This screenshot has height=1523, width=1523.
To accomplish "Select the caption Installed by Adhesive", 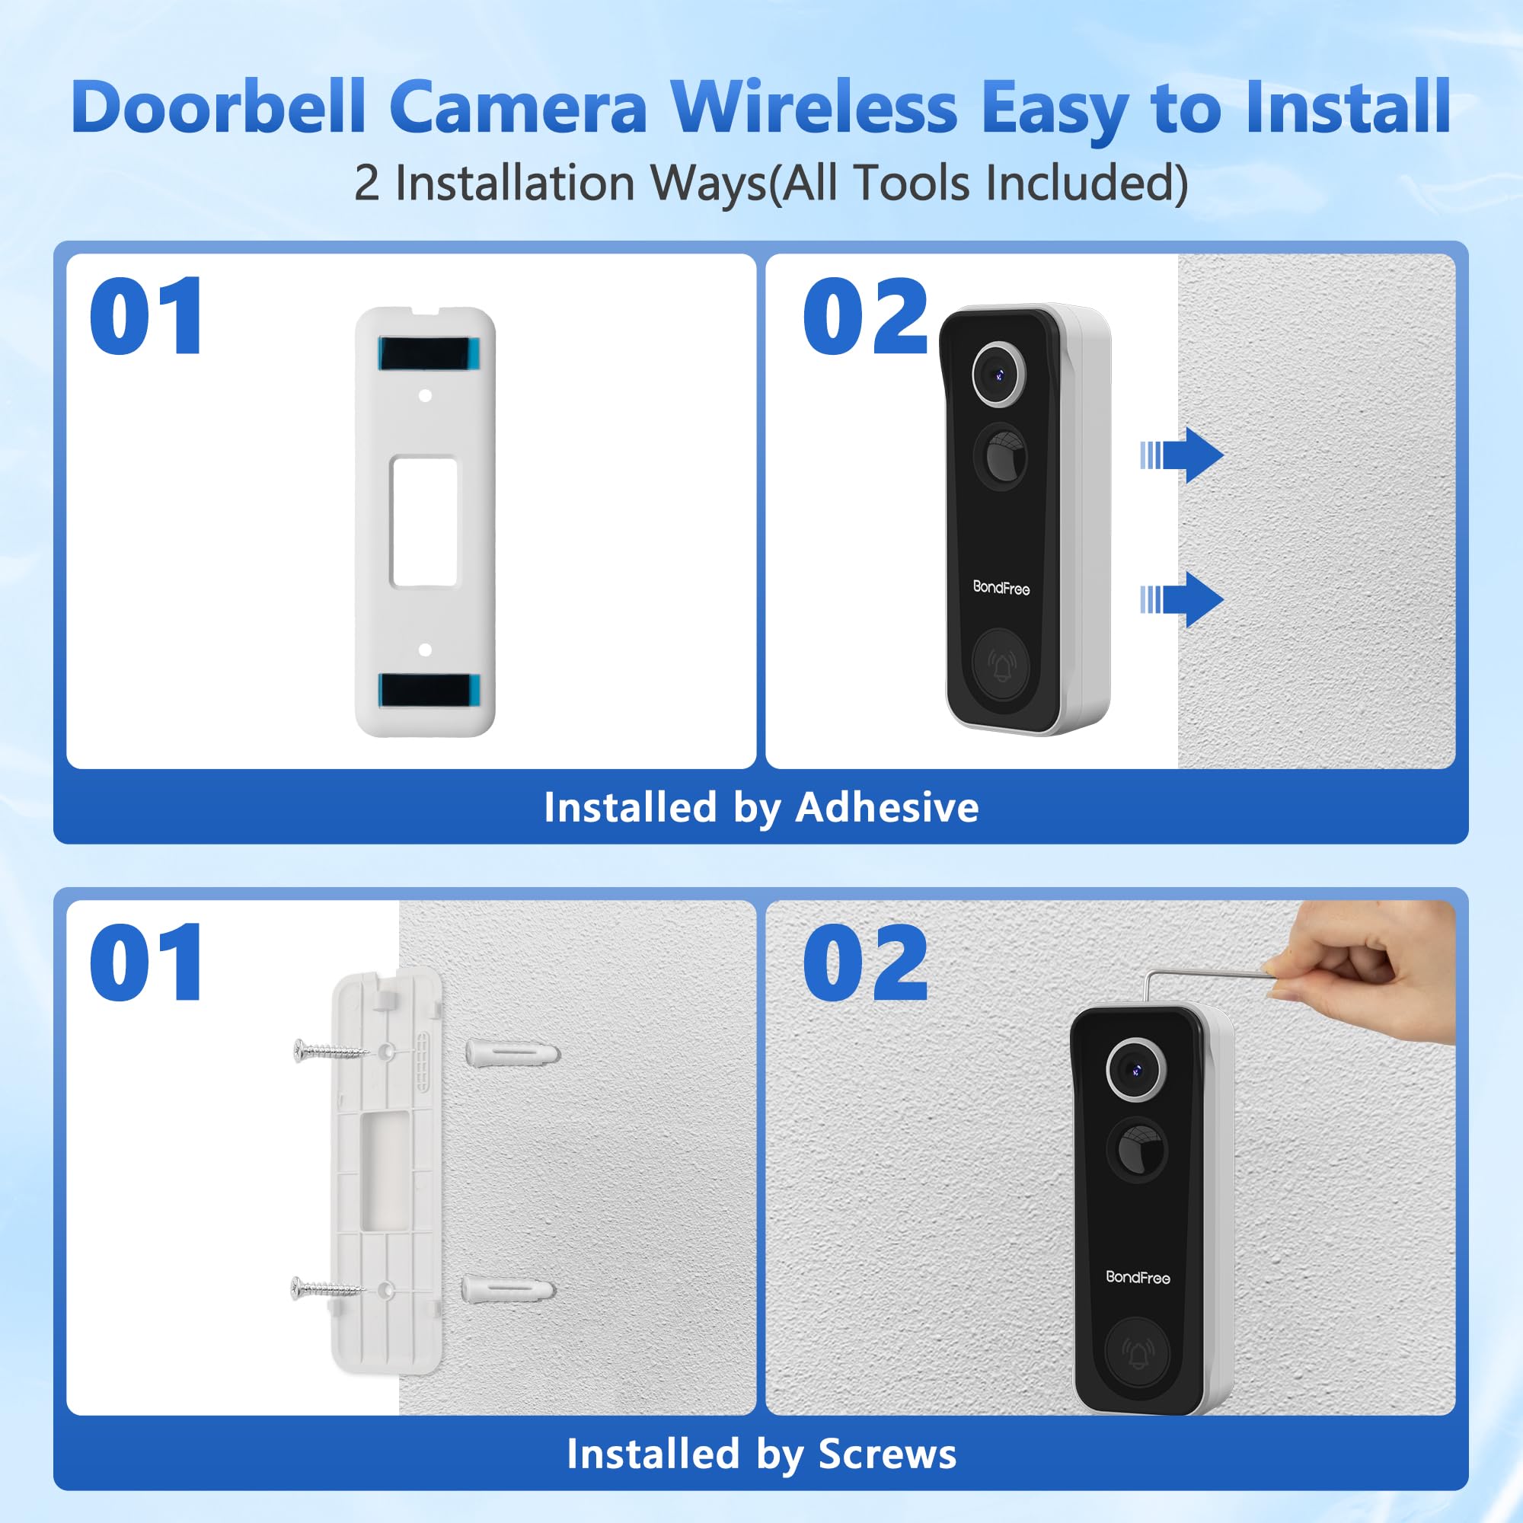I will [761, 807].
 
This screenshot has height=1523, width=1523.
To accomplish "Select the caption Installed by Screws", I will [761, 1454].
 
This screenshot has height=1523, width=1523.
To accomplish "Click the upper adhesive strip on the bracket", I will [426, 353].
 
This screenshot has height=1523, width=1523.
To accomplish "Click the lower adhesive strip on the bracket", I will [426, 690].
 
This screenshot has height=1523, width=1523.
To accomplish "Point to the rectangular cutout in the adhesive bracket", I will [424, 521].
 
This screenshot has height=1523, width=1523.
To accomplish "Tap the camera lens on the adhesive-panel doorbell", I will [999, 375].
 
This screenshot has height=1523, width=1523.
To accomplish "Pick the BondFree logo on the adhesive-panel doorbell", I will [1001, 587].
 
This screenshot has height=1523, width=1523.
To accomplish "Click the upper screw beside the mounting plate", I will [330, 1050].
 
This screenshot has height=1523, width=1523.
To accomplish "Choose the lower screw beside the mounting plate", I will [327, 1290].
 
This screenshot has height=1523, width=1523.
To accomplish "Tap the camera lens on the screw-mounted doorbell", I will [1135, 1070].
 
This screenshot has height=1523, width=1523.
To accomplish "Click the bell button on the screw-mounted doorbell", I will [1137, 1353].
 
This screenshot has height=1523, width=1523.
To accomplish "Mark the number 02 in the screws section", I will [865, 963].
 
